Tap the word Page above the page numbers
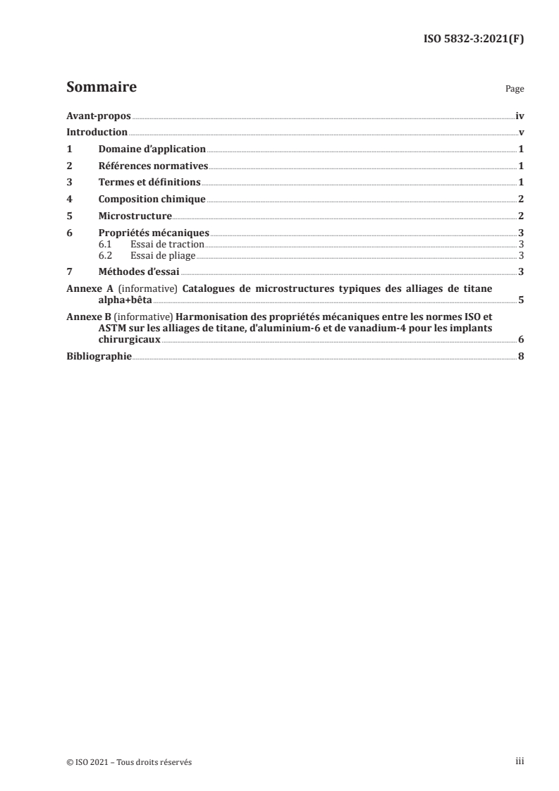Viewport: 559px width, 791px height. click(x=515, y=90)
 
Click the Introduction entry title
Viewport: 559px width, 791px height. click(x=97, y=133)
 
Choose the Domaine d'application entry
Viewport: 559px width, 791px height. click(x=152, y=149)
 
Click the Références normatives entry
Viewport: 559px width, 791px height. click(x=153, y=166)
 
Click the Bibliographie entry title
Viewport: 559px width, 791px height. click(x=99, y=356)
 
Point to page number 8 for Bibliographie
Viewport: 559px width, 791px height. click(x=520, y=356)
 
